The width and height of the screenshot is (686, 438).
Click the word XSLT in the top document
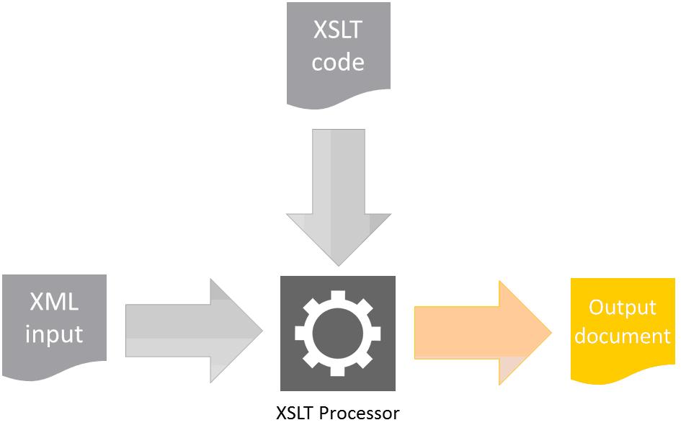point(338,32)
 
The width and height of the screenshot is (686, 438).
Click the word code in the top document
point(338,63)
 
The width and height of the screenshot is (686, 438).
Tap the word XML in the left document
point(54,302)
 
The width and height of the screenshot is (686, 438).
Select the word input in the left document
point(54,334)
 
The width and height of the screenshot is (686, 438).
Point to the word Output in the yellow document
point(623,308)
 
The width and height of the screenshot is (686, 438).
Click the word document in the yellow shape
point(623,336)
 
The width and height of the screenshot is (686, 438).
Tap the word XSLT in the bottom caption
point(295,414)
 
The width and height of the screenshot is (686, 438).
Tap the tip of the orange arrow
point(550,331)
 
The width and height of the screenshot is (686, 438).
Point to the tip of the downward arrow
point(338,265)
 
